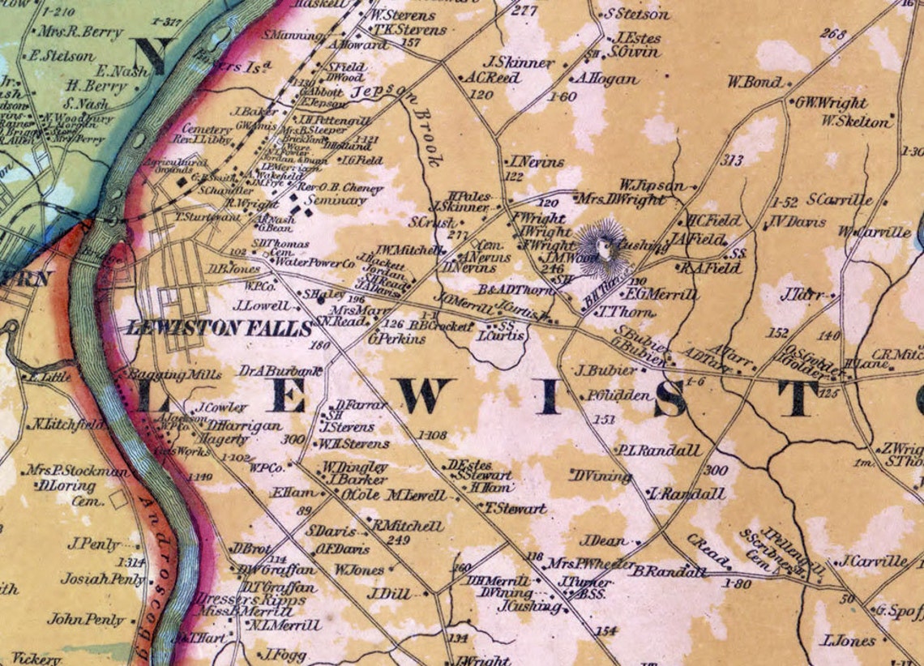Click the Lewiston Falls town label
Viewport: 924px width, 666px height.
218,328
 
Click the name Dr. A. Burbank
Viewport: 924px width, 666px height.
281,370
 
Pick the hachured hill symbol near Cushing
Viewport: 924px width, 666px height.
602,243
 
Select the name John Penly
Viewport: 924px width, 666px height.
86,620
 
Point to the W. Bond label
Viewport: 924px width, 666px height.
755,82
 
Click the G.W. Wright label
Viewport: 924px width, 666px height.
830,103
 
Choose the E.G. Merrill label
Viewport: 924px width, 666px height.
661,295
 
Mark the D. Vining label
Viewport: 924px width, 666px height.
601,476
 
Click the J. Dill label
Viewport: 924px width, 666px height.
390,594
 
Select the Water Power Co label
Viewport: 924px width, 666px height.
315,263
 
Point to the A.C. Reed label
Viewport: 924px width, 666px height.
492,78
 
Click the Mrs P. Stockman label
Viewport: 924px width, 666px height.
78,471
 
